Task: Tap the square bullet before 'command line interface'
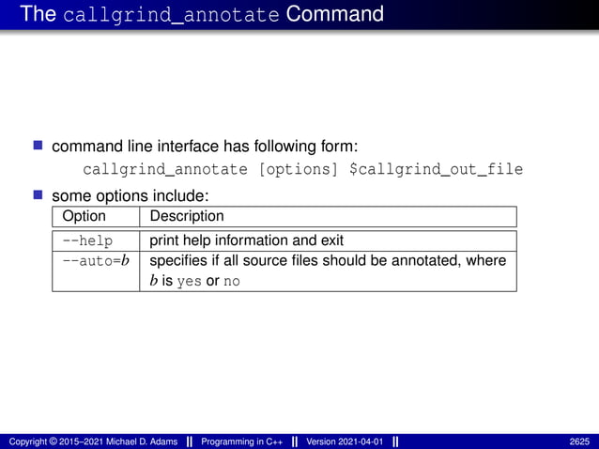click(39, 146)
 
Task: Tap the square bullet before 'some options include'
click(39, 195)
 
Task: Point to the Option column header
click(84, 217)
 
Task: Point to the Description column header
click(187, 217)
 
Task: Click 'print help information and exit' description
click(247, 240)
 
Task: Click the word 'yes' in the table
click(189, 281)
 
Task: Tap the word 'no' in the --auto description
click(231, 281)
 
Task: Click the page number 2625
click(580, 441)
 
